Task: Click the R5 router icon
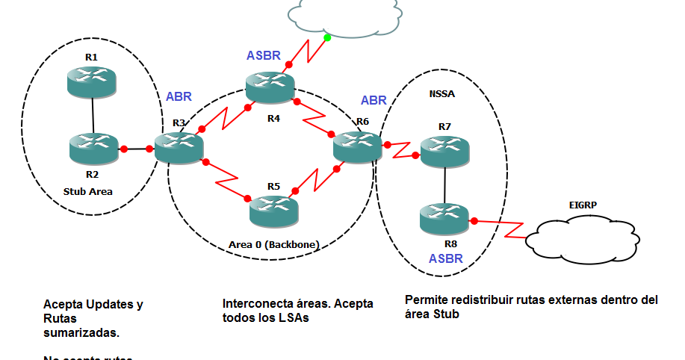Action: tap(273, 208)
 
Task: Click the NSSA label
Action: tap(442, 95)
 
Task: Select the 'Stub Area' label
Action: tap(88, 191)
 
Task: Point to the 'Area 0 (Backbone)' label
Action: tap(273, 244)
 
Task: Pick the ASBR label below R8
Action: tap(447, 259)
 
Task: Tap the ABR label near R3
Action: tap(179, 96)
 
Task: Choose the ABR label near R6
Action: tap(374, 100)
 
